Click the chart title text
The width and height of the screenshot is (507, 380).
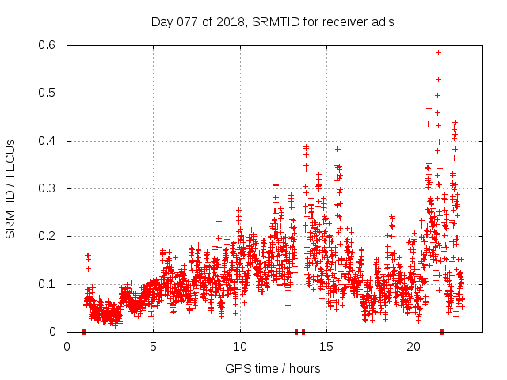pos(273,22)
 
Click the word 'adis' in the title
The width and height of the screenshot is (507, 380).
pos(382,22)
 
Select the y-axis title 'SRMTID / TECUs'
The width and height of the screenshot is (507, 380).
pos(10,188)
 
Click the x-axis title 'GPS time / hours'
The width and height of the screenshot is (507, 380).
pos(273,368)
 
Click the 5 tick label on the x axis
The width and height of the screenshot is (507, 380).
pos(154,347)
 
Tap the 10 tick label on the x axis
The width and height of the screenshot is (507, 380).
pos(240,347)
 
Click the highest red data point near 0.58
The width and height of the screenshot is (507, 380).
pos(438,52)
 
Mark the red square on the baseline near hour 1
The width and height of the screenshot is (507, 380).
pos(84,332)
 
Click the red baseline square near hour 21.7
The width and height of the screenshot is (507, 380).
pos(442,332)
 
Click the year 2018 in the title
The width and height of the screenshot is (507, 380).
pos(228,22)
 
